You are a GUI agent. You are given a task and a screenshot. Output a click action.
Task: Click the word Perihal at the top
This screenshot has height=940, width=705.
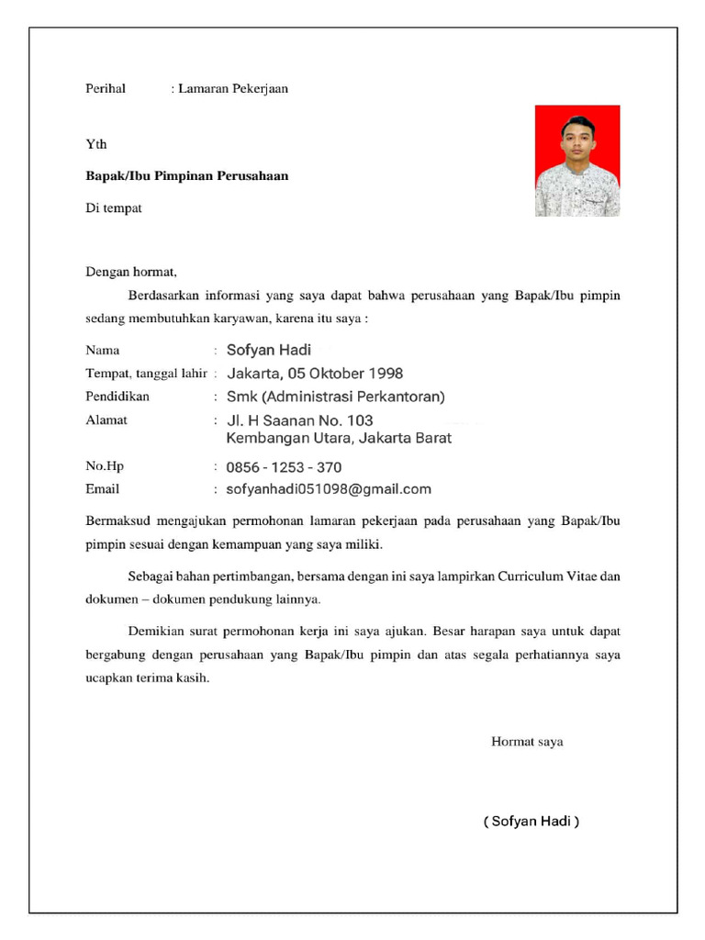point(106,89)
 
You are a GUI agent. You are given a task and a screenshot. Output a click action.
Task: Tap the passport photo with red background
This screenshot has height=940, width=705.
point(577,161)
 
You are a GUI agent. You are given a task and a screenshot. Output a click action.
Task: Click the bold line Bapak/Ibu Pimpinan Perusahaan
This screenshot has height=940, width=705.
point(187,175)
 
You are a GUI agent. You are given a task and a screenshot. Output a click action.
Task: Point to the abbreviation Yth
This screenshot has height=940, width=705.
point(96,144)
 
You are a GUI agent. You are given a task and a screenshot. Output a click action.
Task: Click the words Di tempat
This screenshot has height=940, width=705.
point(114,208)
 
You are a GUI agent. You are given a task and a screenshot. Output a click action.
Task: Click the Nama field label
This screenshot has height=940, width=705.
point(103,351)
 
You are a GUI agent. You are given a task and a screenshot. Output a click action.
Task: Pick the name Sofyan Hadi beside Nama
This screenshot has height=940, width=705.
point(269,350)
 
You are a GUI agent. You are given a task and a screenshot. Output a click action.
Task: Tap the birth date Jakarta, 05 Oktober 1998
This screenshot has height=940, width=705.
point(315,374)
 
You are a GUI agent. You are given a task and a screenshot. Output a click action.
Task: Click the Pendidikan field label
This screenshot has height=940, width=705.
point(117,397)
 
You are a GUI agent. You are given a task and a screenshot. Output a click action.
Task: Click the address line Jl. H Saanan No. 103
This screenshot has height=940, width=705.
point(299,421)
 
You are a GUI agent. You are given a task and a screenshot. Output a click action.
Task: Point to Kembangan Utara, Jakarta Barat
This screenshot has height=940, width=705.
point(339,439)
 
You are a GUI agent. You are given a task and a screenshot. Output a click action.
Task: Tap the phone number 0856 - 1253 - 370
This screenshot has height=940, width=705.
point(284,467)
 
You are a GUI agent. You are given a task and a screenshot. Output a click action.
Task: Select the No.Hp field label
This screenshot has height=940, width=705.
point(104,466)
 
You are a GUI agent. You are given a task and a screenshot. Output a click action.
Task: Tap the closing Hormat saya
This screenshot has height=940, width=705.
point(527,742)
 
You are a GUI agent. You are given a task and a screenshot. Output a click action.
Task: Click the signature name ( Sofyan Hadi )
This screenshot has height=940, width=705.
point(532,822)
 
